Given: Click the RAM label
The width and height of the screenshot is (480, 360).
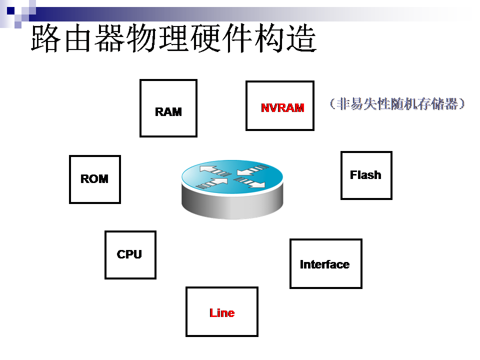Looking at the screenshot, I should (168, 111).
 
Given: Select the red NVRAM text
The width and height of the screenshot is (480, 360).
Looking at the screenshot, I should (282, 107).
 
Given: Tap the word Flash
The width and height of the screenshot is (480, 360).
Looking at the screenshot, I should (365, 175).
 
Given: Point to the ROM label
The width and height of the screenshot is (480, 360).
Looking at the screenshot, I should (94, 179).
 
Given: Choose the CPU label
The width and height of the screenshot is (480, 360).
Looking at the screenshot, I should (129, 254).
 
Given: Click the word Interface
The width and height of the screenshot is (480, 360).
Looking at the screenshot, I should (324, 264).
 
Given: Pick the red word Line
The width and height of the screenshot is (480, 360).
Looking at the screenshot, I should (222, 313).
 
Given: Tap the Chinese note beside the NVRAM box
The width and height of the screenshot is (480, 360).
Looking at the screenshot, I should (397, 104).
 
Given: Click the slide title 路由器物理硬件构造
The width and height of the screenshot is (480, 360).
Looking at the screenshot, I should (173, 38).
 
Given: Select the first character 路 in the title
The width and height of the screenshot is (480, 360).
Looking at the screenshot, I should (46, 38).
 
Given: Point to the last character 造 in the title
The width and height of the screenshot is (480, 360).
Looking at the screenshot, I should (301, 38).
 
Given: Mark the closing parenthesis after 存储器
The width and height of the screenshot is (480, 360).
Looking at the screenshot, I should (462, 104).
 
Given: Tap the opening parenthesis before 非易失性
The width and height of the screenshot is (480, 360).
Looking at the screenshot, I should (332, 104).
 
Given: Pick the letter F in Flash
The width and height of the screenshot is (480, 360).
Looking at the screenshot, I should (353, 175).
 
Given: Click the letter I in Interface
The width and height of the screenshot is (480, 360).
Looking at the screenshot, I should (301, 264).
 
